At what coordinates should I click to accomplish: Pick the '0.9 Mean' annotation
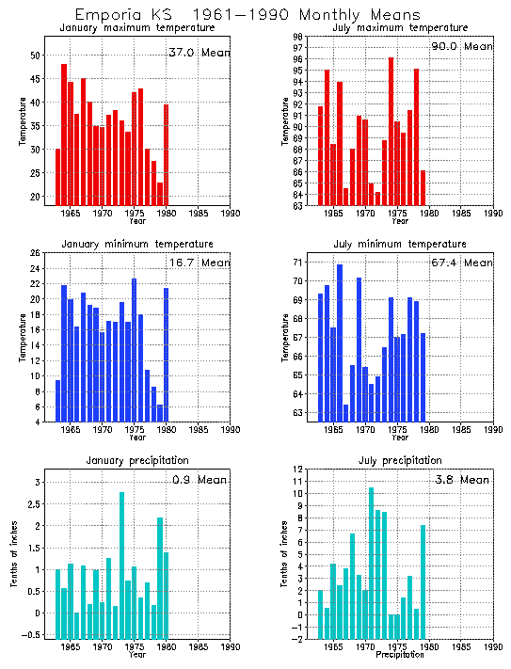coord(200,480)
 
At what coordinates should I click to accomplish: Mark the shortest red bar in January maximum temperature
coord(160,194)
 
